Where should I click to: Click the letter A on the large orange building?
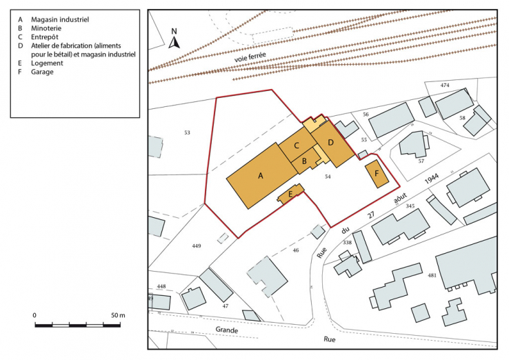(261, 176)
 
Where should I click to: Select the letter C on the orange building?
(296, 146)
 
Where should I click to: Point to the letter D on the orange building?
(330, 143)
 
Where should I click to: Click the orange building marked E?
(291, 195)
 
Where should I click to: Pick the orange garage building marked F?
(377, 174)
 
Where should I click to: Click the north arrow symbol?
(174, 38)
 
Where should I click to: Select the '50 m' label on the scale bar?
(117, 315)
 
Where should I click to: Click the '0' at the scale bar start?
(34, 315)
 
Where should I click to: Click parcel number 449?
(196, 246)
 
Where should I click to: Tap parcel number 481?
(432, 275)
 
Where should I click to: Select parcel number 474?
(445, 85)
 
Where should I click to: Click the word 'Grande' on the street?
(226, 331)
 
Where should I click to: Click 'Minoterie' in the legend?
(46, 29)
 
